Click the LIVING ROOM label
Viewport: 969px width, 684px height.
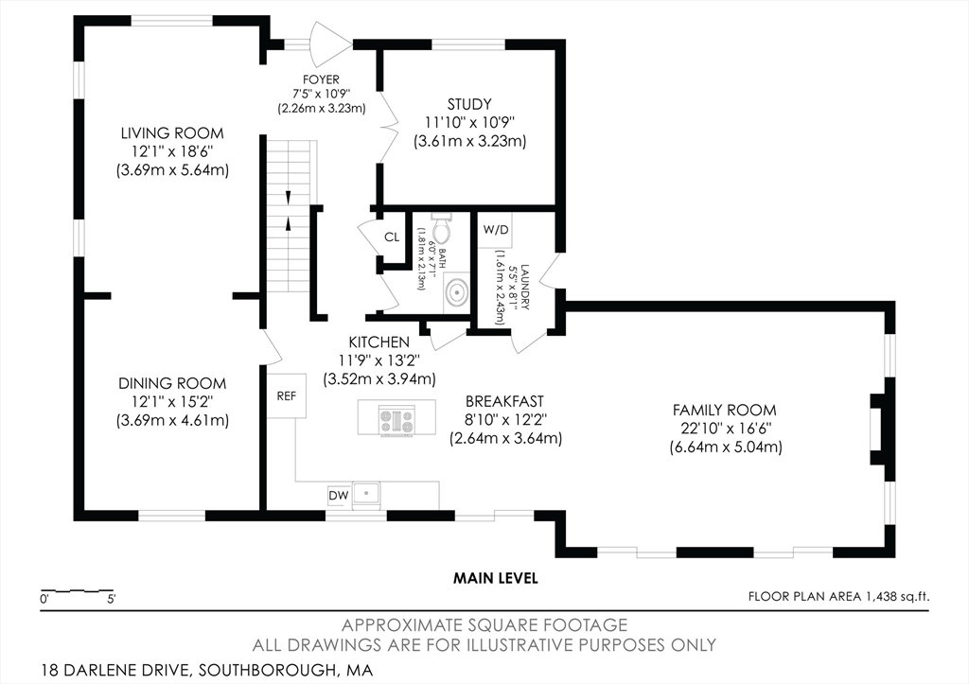point(172,132)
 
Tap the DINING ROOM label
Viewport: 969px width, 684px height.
point(172,383)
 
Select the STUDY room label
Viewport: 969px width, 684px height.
point(469,104)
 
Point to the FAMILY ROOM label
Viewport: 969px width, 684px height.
point(724,410)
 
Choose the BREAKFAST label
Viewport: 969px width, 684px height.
point(505,401)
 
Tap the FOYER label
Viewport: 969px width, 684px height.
point(321,79)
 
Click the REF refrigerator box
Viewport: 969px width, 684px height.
point(286,395)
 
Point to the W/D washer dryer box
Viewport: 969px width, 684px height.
point(496,230)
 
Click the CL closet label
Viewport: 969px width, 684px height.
point(392,237)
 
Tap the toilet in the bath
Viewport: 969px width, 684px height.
point(442,227)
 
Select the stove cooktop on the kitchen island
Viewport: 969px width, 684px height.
point(396,420)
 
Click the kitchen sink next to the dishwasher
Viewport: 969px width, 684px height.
point(366,495)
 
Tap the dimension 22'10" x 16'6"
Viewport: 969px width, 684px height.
point(724,429)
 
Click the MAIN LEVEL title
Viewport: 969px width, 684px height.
point(496,578)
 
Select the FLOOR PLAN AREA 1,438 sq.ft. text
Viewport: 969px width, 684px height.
point(838,596)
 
